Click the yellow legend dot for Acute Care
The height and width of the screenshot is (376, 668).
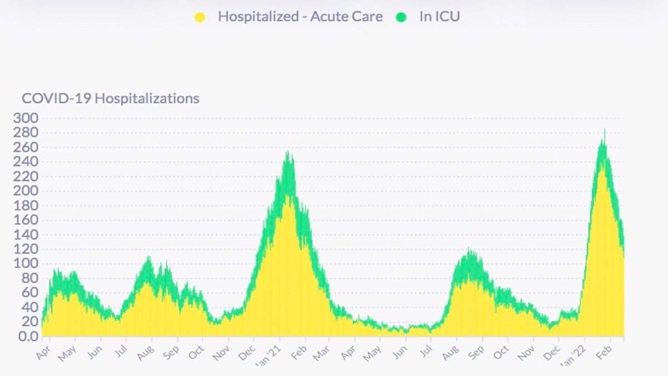(x=200, y=17)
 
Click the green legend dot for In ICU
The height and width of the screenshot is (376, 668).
(x=401, y=17)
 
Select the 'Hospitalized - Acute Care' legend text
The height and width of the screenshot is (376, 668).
(x=300, y=17)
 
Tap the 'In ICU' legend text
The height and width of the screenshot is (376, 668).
(x=439, y=17)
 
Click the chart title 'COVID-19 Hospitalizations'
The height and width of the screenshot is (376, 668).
(x=110, y=99)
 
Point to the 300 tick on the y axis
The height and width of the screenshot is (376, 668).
(x=27, y=118)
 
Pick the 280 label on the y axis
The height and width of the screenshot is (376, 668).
(x=27, y=133)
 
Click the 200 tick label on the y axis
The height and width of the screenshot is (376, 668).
(x=27, y=191)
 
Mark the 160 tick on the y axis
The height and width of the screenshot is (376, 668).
(x=27, y=220)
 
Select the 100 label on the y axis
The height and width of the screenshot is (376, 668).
(x=27, y=264)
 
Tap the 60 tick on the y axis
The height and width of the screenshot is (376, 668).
(x=31, y=293)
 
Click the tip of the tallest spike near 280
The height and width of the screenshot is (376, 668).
(x=605, y=130)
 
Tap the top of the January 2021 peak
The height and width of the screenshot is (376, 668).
(x=288, y=152)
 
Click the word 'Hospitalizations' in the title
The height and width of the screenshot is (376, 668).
(x=147, y=99)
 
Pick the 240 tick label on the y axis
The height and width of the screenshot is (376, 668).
(x=27, y=162)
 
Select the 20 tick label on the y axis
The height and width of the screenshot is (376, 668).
(x=31, y=322)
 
